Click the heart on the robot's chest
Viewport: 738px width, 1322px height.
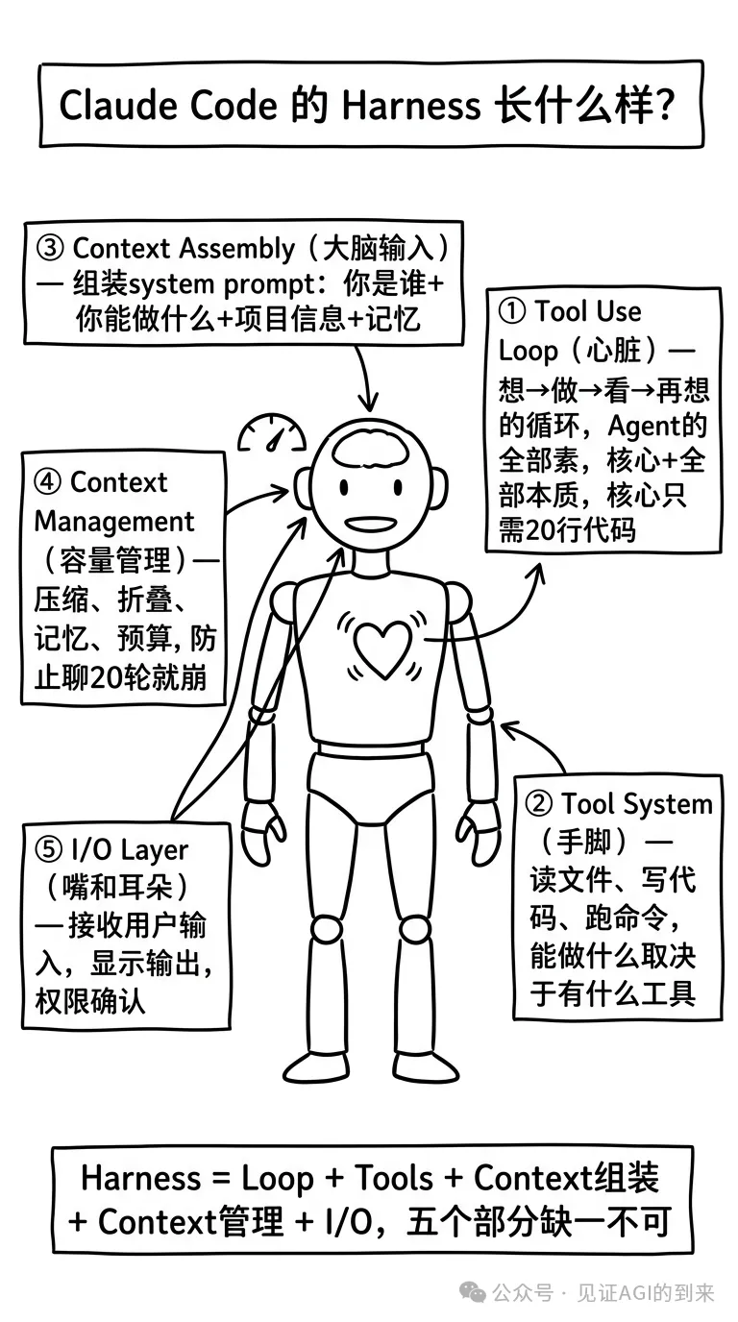382,646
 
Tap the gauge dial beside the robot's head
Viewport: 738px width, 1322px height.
272,434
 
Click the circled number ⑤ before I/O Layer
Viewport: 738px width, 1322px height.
48,849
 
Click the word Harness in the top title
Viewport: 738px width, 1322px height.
410,105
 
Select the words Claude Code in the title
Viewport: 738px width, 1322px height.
169,105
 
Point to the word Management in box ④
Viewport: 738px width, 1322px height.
114,522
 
